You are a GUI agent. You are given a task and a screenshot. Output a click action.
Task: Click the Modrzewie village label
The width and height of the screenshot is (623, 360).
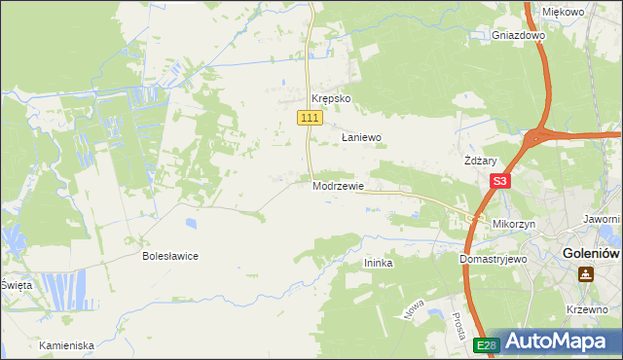click(339, 186)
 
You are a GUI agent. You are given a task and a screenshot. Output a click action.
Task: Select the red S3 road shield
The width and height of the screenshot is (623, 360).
click(500, 181)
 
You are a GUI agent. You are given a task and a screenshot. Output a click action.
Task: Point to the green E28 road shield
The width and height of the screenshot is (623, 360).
click(487, 344)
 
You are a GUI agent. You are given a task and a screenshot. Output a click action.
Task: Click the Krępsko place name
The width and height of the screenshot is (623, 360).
click(330, 99)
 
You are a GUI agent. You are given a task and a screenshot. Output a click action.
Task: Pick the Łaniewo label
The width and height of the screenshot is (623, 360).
click(360, 138)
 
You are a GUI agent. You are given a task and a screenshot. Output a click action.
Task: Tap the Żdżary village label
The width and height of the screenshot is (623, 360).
click(481, 162)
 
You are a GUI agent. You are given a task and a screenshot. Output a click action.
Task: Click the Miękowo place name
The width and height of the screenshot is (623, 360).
click(563, 12)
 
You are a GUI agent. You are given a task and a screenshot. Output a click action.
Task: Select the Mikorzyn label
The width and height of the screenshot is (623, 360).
click(515, 224)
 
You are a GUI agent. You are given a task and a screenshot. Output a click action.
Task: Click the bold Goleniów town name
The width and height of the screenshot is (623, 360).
click(592, 254)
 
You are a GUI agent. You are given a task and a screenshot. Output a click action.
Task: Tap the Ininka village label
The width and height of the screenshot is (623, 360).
click(378, 263)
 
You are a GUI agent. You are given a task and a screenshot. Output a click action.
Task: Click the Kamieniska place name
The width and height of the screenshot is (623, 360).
click(67, 345)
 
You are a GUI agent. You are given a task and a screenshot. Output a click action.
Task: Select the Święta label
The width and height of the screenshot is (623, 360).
click(17, 285)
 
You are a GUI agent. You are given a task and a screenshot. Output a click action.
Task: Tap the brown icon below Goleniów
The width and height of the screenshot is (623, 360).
click(586, 273)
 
